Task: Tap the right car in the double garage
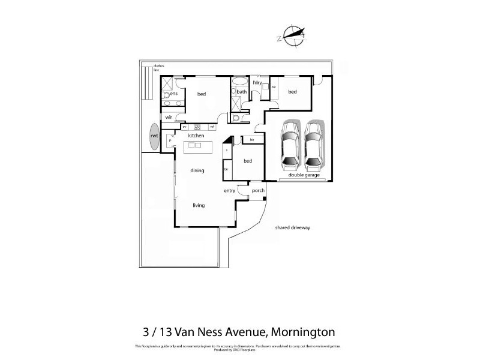[314, 144]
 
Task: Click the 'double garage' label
[303, 175]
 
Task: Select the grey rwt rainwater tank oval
[155, 137]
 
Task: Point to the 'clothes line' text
[159, 68]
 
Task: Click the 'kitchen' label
[196, 136]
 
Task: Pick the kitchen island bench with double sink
[199, 146]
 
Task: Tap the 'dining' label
[197, 170]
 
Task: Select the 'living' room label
[199, 205]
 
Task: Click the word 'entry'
[229, 191]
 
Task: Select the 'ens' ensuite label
[174, 94]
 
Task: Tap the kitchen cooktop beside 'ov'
[196, 127]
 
